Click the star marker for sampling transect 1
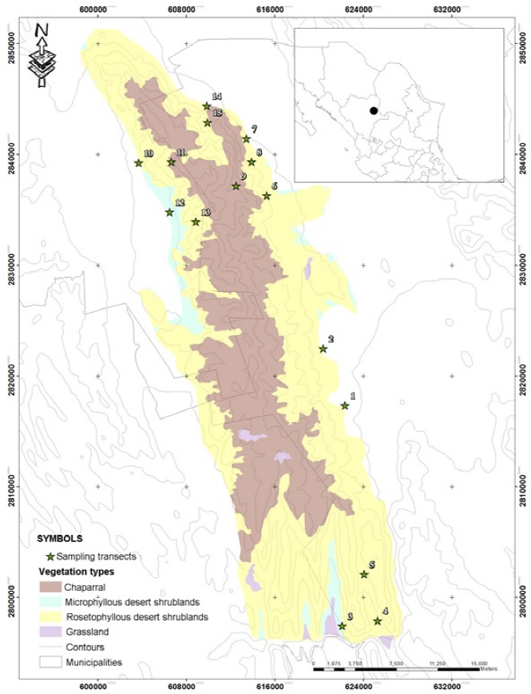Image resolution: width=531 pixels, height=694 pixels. tap(345, 405)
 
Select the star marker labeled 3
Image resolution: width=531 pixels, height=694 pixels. tap(343, 626)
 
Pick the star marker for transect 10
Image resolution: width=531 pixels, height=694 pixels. tap(138, 163)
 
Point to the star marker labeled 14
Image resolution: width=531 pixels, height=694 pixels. tap(207, 106)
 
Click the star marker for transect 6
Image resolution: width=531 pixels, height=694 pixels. tap(267, 196)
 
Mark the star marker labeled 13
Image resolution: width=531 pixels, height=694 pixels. tap(196, 222)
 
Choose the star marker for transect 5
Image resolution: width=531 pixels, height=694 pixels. tap(364, 574)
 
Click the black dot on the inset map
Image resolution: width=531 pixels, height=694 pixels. tap(373, 111)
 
